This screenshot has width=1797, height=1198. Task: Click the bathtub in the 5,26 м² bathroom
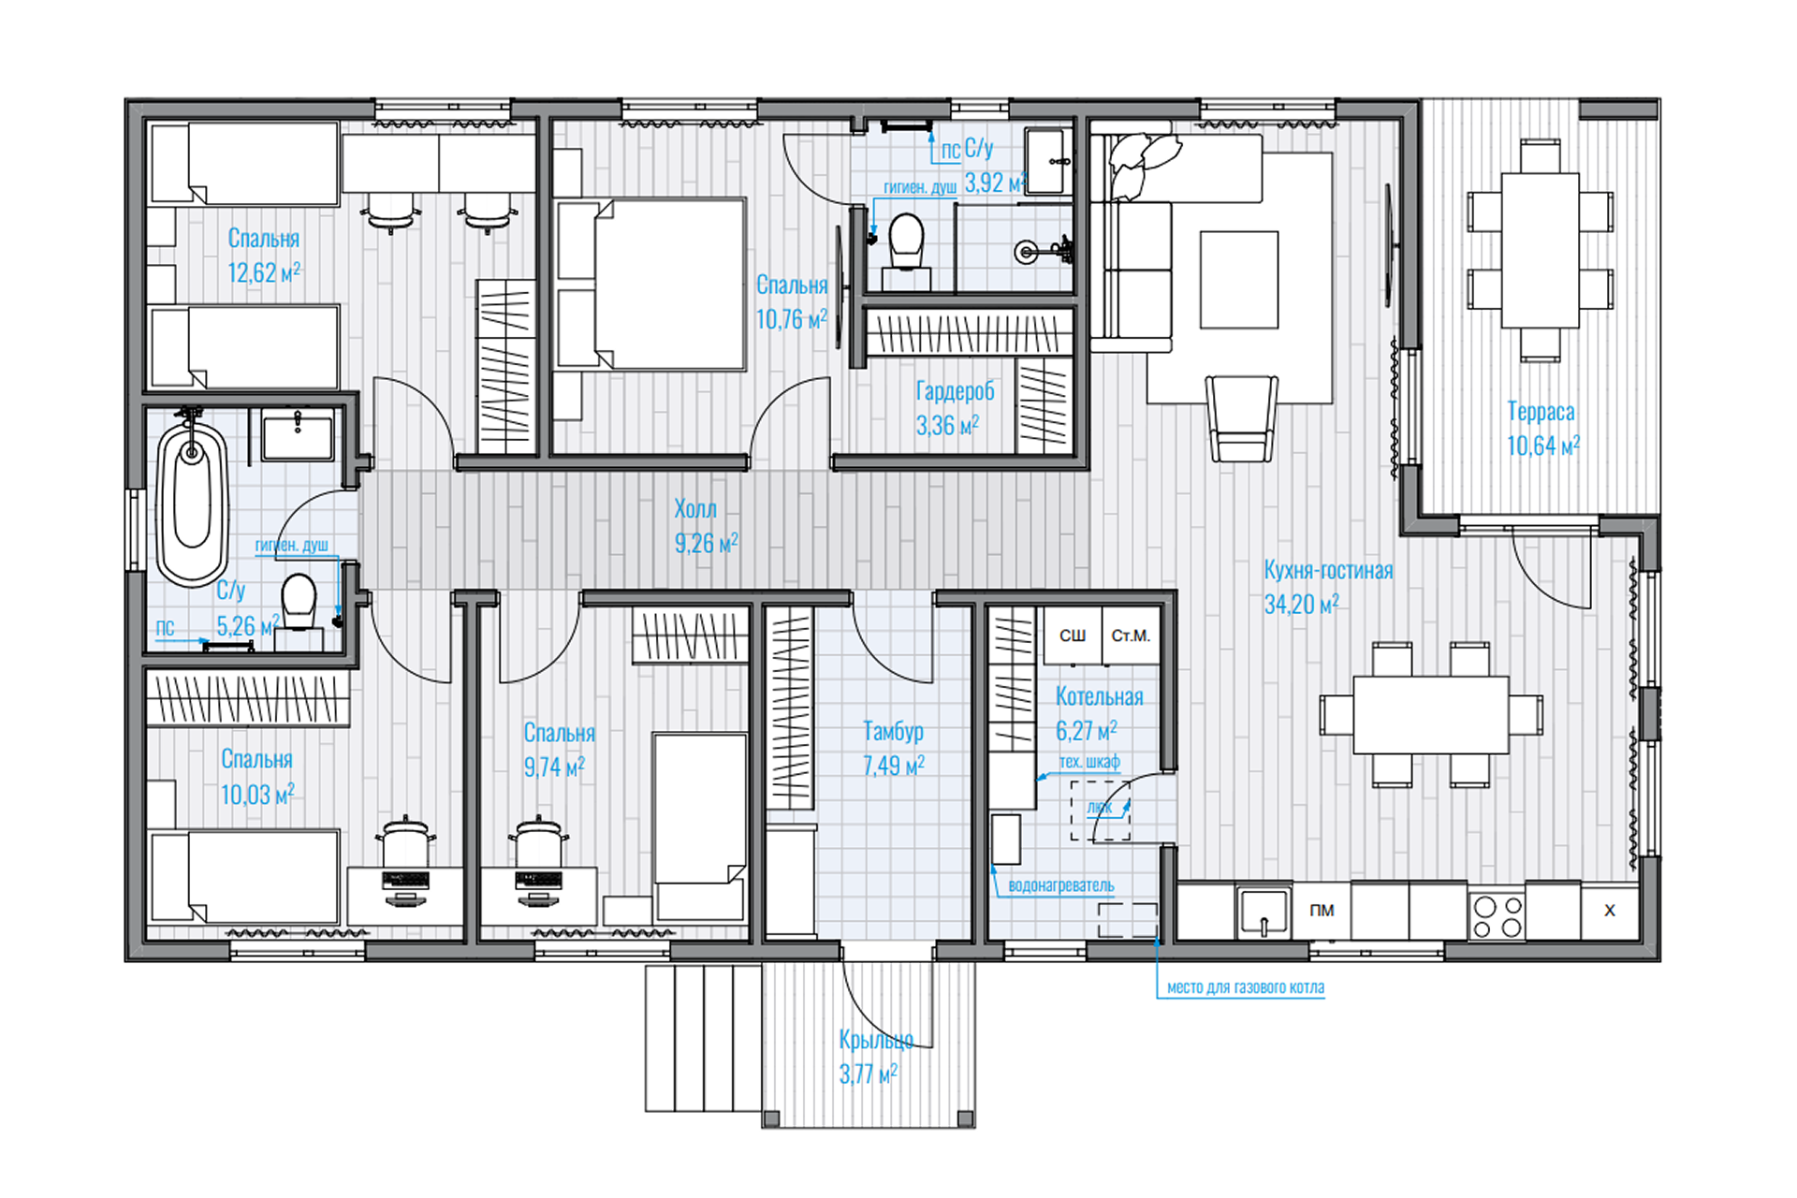pos(192,503)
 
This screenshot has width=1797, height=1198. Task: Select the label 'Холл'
pos(695,509)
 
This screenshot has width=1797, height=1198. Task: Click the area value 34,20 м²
pos(1301,605)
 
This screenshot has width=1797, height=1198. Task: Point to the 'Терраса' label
pos(1541,412)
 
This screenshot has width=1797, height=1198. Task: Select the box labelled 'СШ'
pos(1073,636)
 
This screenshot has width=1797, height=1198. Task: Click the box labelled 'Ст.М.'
pos(1131,636)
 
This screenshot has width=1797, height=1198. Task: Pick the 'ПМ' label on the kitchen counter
pos(1322,911)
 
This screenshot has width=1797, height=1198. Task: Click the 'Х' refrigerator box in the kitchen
pos(1610,910)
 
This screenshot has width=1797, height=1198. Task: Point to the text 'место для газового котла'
pos(1246,987)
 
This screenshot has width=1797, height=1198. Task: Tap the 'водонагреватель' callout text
pos(1061,885)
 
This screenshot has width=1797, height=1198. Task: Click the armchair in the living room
pos(1242,418)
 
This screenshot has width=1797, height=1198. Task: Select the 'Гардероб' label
pos(955,391)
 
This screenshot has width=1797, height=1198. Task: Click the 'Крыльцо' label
pos(876,1040)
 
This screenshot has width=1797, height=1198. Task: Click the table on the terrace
pos(1541,250)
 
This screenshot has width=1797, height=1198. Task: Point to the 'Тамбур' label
pos(893,731)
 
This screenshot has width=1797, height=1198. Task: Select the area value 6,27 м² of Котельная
pos(1086,731)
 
